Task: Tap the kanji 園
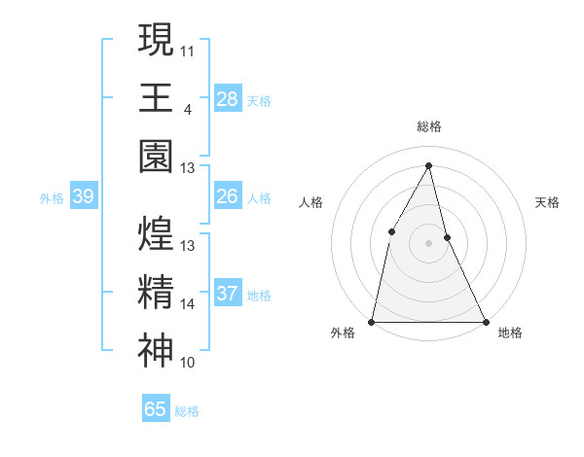point(156,156)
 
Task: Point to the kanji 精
point(156,293)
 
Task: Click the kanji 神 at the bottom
point(156,351)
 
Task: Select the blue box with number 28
point(227,98)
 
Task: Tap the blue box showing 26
point(227,196)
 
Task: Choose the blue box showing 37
point(227,294)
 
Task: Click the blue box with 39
point(83,196)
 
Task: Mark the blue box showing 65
point(156,409)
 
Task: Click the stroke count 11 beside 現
point(188,50)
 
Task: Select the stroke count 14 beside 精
point(188,304)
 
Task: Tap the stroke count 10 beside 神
point(188,364)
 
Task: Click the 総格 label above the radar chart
point(428,126)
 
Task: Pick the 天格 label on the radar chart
point(548,202)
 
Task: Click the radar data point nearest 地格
point(484,321)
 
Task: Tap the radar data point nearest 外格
point(373,321)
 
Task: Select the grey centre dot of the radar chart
point(428,243)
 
